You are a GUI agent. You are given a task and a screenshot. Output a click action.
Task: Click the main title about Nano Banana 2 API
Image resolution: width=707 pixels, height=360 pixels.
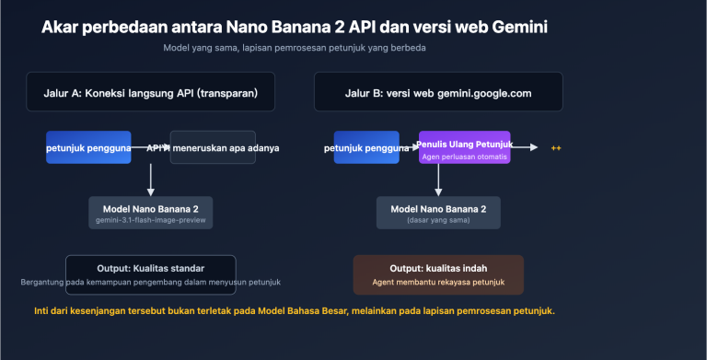(x=295, y=27)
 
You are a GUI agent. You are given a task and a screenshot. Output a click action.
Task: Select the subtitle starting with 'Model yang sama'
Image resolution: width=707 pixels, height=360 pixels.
(x=295, y=48)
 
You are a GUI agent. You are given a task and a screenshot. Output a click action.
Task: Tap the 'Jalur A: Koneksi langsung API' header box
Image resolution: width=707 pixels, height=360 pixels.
(x=150, y=92)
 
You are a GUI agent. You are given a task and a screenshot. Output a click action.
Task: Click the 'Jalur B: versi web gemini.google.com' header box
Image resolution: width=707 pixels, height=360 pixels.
(x=437, y=92)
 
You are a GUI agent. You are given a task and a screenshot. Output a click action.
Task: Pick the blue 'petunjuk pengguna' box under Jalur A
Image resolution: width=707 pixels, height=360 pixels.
(x=88, y=147)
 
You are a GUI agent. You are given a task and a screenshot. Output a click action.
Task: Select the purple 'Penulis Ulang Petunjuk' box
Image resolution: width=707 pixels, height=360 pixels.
(x=464, y=148)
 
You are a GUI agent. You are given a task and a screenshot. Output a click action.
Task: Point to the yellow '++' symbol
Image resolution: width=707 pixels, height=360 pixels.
(x=556, y=147)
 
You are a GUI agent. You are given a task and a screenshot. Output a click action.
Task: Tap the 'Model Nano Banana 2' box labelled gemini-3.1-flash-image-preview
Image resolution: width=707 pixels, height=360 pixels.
(x=150, y=212)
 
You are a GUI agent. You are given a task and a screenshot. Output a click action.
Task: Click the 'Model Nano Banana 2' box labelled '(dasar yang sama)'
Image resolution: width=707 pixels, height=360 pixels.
(x=438, y=212)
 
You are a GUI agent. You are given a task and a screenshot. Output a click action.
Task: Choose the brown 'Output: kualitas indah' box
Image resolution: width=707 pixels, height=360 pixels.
(x=438, y=274)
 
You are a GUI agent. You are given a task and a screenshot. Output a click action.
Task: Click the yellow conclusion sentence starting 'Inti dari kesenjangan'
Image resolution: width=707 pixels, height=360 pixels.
(x=294, y=311)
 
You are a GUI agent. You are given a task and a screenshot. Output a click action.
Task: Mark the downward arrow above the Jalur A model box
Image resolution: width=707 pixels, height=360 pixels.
(x=150, y=180)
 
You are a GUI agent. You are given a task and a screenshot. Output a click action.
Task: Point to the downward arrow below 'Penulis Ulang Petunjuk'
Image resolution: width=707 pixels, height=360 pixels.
(x=438, y=180)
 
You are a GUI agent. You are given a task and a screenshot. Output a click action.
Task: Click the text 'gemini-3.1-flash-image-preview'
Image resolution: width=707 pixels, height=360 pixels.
(x=150, y=221)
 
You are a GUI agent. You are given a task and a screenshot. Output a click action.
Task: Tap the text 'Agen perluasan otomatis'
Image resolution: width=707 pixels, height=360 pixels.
(x=464, y=157)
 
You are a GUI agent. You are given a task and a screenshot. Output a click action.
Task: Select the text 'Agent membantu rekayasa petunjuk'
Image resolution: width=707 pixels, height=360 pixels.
(x=438, y=282)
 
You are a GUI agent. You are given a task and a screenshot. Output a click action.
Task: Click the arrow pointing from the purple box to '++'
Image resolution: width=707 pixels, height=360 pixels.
(x=525, y=146)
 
